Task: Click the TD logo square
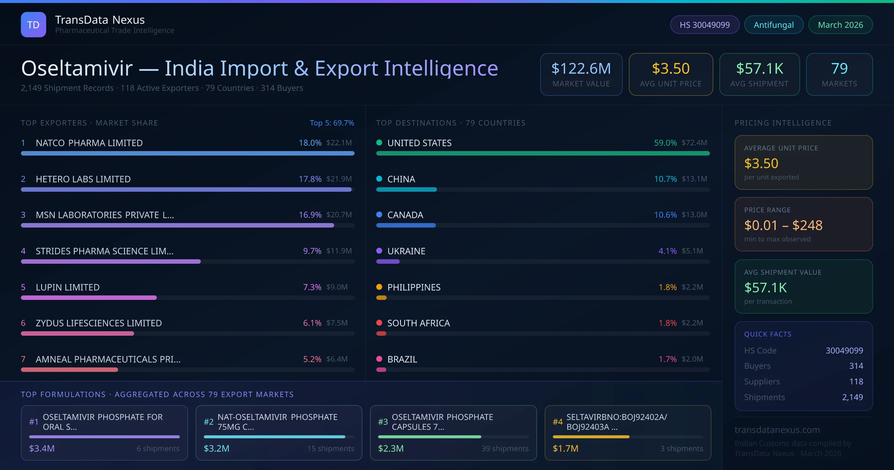pos(34,25)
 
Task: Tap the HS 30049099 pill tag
pos(704,25)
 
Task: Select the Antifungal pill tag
pos(774,25)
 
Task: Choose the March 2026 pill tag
pos(840,25)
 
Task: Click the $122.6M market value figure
pos(581,68)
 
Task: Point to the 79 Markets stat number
pos(839,68)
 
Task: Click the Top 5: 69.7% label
pos(332,123)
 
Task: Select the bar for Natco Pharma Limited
pos(187,153)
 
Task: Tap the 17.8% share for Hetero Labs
pos(310,179)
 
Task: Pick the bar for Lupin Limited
pos(89,298)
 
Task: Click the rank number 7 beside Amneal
pos(23,359)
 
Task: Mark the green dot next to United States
pos(379,142)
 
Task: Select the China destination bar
pos(406,189)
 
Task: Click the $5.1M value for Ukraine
pos(692,251)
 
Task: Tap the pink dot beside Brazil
pos(379,359)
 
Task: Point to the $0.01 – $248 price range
pos(783,225)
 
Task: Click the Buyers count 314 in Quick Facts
pos(856,366)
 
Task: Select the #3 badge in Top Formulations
pos(383,422)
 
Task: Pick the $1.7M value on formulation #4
pos(565,448)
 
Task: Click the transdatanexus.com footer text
pos(777,430)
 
